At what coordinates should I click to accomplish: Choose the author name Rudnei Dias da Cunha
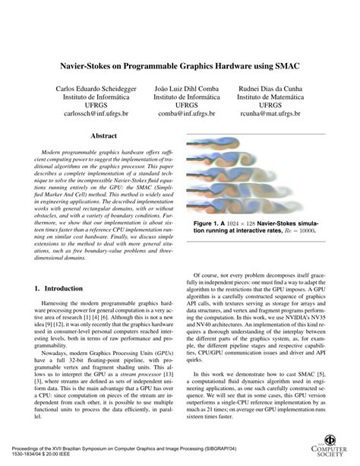coord(271,90)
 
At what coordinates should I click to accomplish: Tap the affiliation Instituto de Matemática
coord(271,100)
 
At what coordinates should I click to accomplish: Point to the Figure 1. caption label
coord(209,224)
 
